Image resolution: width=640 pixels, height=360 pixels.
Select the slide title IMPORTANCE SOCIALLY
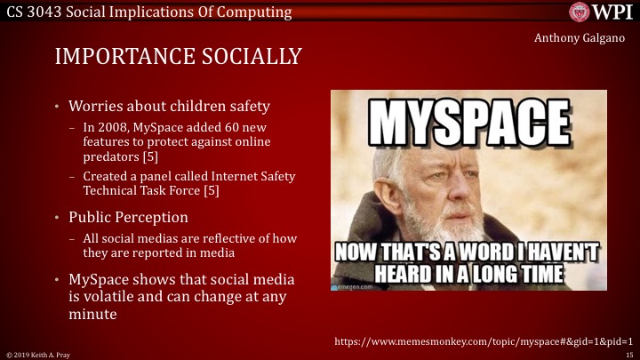(x=178, y=57)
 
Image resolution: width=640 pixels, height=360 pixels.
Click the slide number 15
(x=628, y=354)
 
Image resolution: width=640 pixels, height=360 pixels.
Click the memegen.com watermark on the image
(x=355, y=286)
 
